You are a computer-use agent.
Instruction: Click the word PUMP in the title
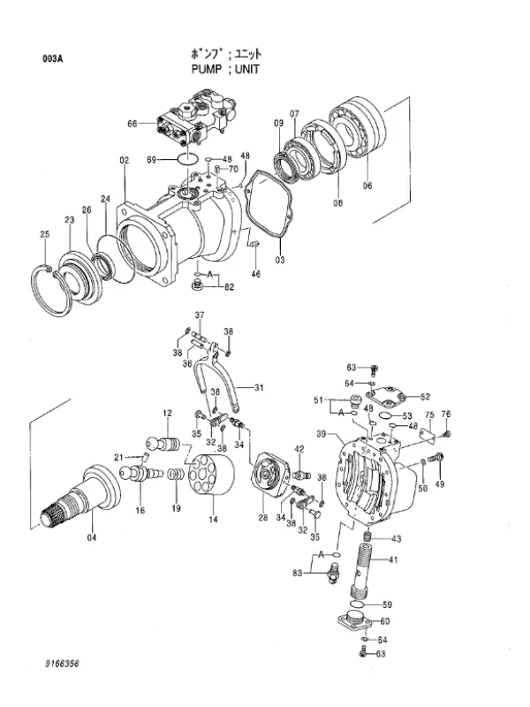[x=207, y=70]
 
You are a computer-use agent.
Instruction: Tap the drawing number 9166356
[x=62, y=664]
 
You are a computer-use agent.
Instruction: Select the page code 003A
[x=53, y=59]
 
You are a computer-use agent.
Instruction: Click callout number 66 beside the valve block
[x=132, y=124]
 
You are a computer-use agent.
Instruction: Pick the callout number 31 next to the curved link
[x=259, y=387]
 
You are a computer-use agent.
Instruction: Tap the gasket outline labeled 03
[x=269, y=204]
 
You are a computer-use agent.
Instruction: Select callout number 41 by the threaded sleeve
[x=393, y=560]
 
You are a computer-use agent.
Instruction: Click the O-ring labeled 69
[x=187, y=159]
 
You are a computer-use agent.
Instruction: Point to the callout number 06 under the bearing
[x=367, y=186]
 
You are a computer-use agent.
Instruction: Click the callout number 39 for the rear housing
[x=322, y=434]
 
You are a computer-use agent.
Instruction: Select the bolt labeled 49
[x=435, y=458]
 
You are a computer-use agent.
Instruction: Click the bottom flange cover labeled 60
[x=355, y=621]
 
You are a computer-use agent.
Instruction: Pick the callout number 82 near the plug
[x=230, y=286]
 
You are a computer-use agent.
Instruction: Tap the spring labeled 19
[x=176, y=475]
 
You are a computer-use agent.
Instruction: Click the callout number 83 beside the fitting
[x=298, y=573]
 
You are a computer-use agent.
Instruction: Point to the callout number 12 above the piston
[x=167, y=413]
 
